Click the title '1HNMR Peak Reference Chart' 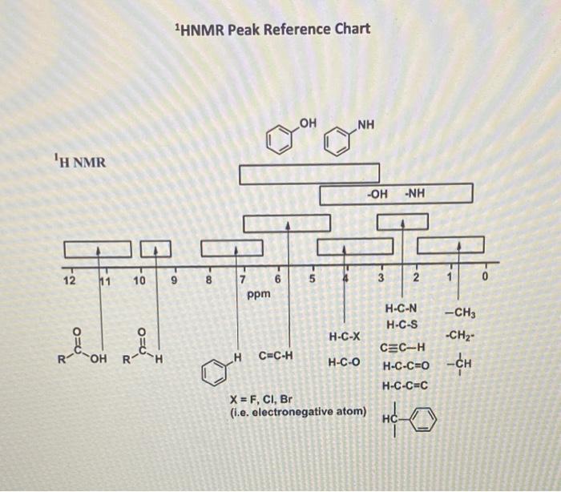[x=272, y=30]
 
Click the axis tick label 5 [x=313, y=279]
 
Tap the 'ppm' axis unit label [x=259, y=294]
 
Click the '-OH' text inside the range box [x=377, y=194]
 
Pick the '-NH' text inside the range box [x=415, y=194]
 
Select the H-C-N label [x=400, y=309]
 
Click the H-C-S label [x=400, y=325]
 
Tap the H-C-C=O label [x=406, y=366]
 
